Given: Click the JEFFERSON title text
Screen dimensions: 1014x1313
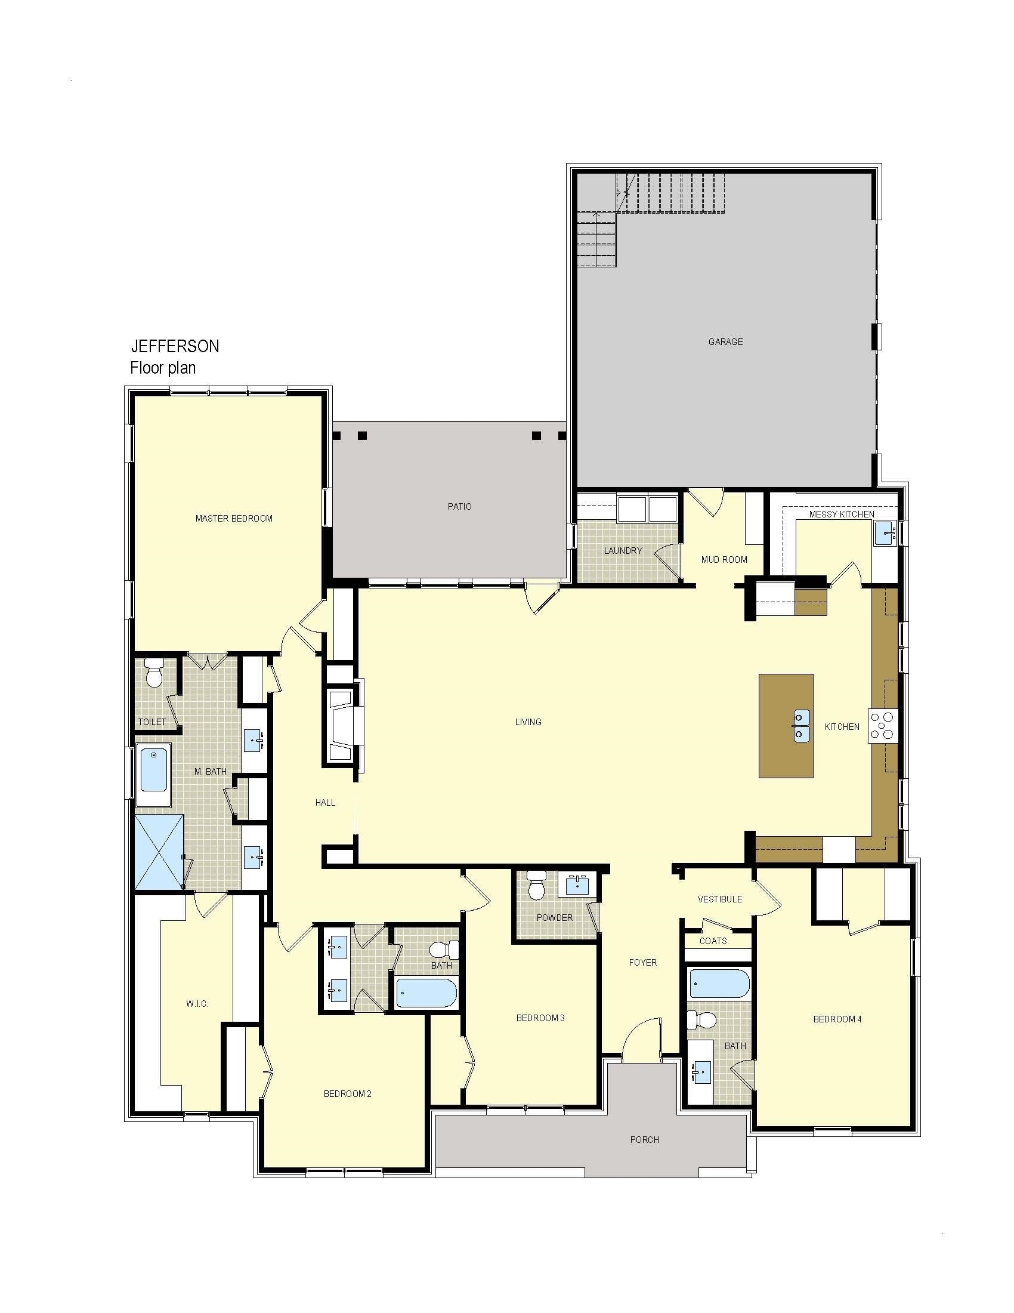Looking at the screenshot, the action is [175, 346].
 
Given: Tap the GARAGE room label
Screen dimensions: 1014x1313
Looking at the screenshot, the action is [725, 341].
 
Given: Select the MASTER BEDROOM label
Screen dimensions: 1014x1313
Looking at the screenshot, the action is [234, 518].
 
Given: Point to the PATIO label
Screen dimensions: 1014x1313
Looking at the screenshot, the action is [459, 506].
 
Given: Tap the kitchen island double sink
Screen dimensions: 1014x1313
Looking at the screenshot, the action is [801, 726].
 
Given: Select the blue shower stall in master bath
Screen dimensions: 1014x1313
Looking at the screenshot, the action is [159, 852].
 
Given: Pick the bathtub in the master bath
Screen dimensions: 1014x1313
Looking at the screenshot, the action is [154, 775].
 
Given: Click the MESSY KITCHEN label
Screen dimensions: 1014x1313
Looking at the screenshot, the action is [842, 514].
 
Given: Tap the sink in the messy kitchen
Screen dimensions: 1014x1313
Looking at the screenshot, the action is [885, 533].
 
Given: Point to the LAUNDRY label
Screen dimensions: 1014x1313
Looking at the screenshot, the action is [623, 550].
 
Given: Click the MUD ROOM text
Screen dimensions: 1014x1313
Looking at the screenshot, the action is [724, 559].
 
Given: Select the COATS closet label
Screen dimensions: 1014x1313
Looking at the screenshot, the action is [713, 941].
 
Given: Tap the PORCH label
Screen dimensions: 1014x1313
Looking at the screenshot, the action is [645, 1140].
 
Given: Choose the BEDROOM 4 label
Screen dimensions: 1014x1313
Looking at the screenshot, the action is [837, 1019].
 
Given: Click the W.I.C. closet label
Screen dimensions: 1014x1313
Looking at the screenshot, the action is [197, 1003].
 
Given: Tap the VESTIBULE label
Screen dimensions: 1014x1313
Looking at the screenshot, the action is [720, 899].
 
